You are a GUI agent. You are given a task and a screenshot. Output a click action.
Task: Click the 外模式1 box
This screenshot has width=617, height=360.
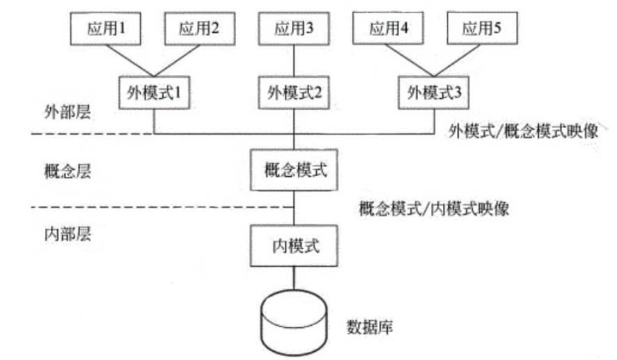point(153,91)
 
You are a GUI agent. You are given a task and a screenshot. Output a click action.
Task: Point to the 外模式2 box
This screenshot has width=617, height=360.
point(293,91)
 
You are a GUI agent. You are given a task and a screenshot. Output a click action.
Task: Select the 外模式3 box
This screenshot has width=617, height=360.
point(433,91)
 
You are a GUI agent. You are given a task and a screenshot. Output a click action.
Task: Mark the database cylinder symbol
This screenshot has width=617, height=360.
point(293,320)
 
